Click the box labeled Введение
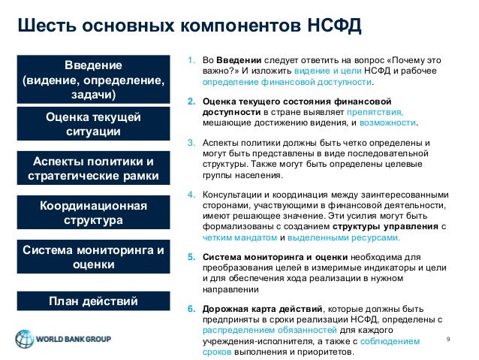(93, 78)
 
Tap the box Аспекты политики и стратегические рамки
(93, 169)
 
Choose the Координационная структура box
(93, 213)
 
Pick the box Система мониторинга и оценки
(93, 257)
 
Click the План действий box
(93, 302)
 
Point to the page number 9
(448, 340)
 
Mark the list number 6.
(191, 309)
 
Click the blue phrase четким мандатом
(227, 237)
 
